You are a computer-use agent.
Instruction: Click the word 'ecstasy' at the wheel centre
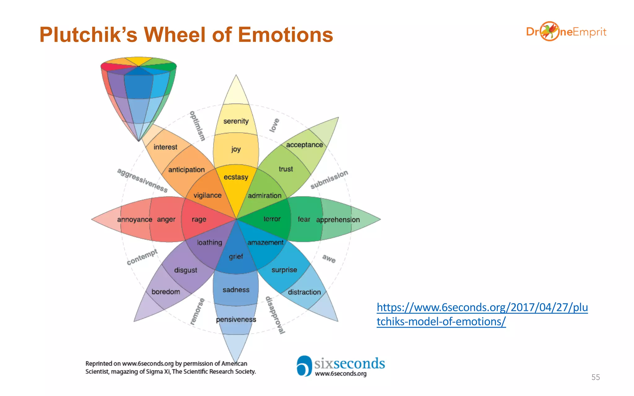[236, 177]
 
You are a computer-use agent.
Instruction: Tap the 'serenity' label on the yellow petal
[236, 121]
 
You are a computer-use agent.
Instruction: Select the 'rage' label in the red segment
[199, 219]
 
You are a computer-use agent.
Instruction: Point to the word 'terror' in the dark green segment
[272, 219]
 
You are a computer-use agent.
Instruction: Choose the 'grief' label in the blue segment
[236, 256]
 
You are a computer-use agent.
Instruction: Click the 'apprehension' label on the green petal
[338, 220]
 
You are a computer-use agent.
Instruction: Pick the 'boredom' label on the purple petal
[166, 292]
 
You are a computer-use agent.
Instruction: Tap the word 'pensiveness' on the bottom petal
[236, 319]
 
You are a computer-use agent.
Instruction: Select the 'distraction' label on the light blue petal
[304, 292]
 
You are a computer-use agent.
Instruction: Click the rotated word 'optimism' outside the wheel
[198, 126]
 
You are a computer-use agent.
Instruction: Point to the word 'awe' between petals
[329, 259]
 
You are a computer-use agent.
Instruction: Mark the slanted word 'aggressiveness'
[142, 180]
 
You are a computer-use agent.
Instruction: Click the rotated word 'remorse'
[197, 311]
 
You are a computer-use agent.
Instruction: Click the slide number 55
[595, 377]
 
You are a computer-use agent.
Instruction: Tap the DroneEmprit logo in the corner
[566, 32]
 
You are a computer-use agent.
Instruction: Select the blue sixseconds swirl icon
[304, 366]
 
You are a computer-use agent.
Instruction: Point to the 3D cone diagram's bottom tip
[139, 141]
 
